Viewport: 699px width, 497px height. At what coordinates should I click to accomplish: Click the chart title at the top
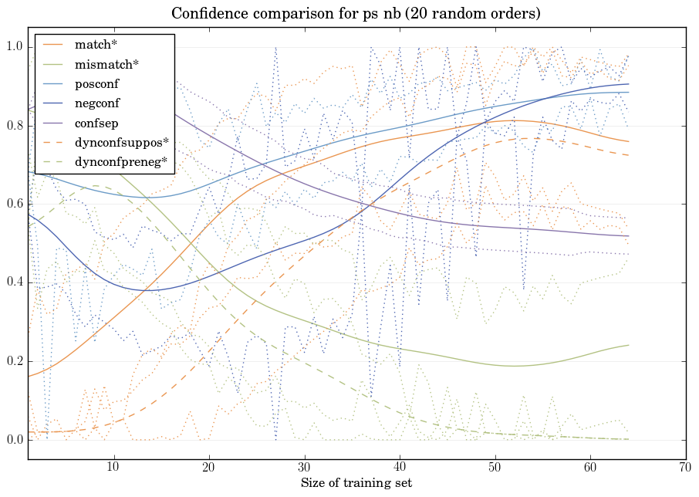tap(356, 14)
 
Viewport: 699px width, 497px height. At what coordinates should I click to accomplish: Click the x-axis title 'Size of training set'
tap(356, 483)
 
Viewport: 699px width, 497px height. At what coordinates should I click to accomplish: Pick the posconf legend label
tap(96, 83)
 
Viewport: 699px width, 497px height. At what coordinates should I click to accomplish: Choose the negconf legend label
tap(97, 103)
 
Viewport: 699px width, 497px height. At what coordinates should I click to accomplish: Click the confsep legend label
tap(96, 122)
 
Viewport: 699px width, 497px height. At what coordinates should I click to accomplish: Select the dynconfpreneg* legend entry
tap(120, 161)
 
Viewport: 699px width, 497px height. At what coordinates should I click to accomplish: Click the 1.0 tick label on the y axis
tap(15, 48)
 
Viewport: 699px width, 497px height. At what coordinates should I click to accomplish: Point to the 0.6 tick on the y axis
tap(15, 205)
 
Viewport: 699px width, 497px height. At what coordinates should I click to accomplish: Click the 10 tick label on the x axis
tap(113, 467)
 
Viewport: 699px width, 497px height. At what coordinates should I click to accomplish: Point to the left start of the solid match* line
tap(28, 376)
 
